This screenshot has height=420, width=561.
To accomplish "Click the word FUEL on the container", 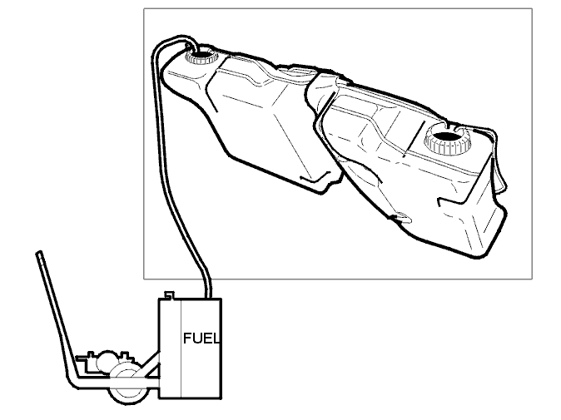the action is (201, 338).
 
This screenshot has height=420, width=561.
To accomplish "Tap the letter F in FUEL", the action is (187, 338).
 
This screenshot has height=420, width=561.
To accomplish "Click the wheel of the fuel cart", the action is (128, 385).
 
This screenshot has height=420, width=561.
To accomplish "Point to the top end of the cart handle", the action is (39, 253).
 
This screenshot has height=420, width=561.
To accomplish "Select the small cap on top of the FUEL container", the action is (169, 295).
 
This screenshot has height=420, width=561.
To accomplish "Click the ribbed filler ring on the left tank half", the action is (201, 57).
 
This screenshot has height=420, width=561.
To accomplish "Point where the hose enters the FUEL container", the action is (209, 297).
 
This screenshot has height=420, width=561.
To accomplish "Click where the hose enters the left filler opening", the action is (192, 51).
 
